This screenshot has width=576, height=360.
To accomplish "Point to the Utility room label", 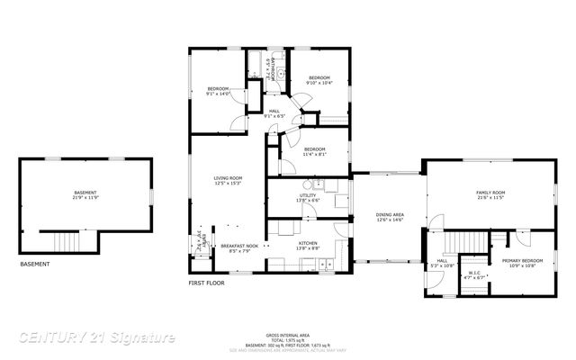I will [x=308, y=197].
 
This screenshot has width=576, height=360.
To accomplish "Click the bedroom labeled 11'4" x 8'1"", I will [x=313, y=151].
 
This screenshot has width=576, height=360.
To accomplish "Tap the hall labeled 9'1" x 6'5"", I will [x=274, y=113].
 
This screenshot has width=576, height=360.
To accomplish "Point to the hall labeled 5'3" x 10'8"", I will [x=442, y=264].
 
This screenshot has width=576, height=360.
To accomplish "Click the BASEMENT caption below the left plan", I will [x=35, y=265].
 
